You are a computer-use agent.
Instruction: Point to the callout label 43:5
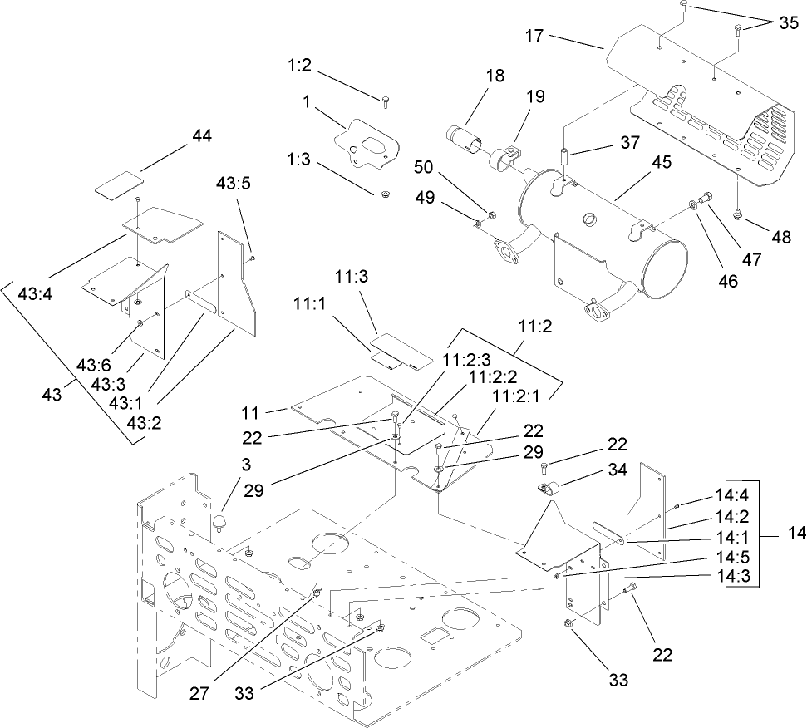(234, 183)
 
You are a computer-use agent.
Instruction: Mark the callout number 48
(781, 236)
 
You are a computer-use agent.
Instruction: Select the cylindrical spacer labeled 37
(563, 155)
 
